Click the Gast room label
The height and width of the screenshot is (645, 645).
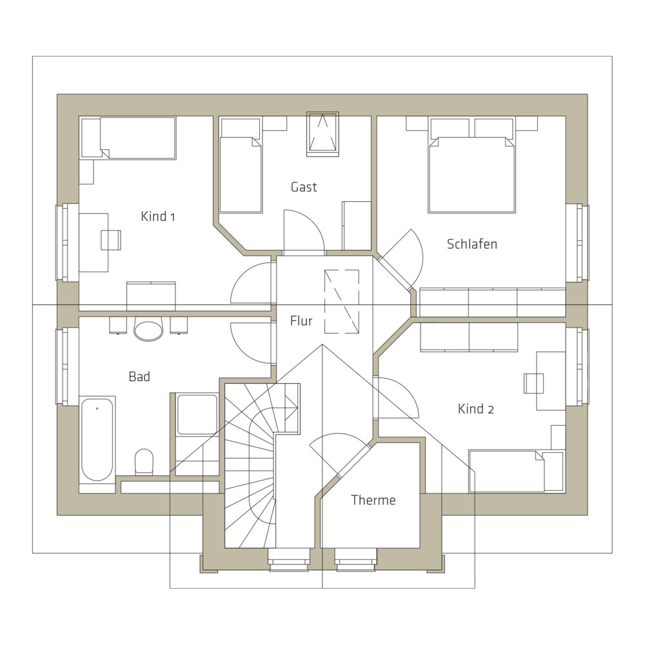pos(304,187)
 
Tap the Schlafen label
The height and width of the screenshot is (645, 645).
pos(472,244)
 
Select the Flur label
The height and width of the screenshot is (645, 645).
pos(301,321)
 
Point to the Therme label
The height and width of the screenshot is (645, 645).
pos(373,500)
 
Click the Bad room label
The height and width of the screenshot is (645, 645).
pos(139,377)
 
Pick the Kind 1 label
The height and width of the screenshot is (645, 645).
pos(157,216)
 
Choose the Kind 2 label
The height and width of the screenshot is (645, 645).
pos(475,409)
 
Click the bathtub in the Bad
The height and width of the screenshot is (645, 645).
pos(97,439)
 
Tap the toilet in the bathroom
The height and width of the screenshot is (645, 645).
pos(144,462)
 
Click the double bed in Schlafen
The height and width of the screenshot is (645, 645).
pos(472,166)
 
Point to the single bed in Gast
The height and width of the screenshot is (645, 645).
pos(241,166)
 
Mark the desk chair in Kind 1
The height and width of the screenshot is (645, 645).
pos(111,240)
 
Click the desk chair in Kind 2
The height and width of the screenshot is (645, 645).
pos(533,383)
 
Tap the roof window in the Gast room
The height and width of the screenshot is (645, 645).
pos(322,134)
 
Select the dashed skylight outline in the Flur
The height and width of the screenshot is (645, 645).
pos(342,301)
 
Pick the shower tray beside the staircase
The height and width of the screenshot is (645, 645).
pos(197,415)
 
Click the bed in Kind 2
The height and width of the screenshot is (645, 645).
pos(516,471)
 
